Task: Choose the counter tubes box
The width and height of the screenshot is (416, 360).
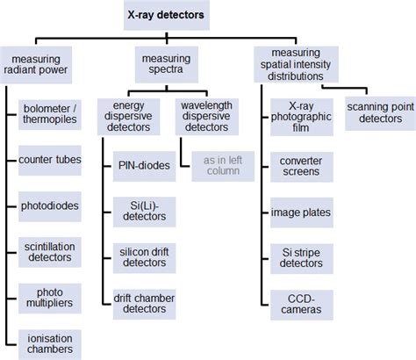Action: [49, 161]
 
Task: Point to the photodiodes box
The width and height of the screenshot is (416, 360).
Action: [49, 206]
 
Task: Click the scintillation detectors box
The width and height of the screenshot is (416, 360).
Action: [49, 251]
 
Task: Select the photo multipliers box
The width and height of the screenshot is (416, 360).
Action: [49, 297]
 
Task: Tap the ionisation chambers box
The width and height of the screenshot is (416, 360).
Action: [49, 342]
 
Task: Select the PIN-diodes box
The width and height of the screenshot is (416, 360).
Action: [143, 164]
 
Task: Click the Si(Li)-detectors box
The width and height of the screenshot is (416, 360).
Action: [143, 210]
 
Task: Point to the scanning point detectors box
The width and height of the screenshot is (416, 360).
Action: [378, 112]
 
